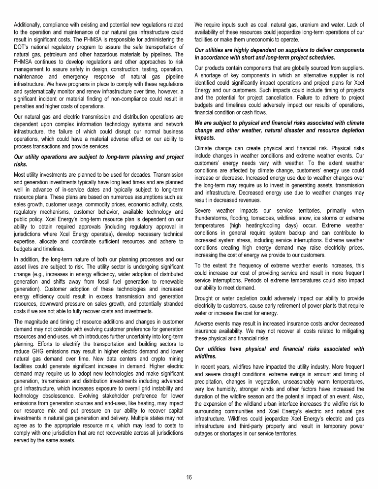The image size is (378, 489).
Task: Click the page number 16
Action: [x=189, y=477]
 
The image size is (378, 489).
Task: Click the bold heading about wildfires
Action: [x=279, y=352]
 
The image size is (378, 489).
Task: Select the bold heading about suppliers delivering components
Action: [x=279, y=54]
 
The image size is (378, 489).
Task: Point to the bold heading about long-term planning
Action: [x=97, y=161]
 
